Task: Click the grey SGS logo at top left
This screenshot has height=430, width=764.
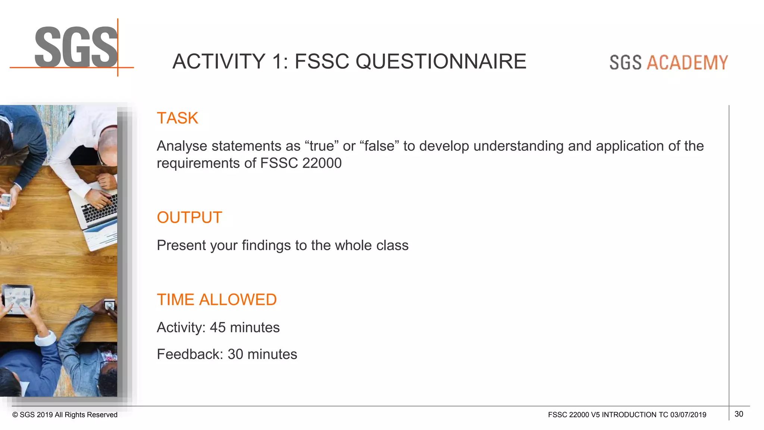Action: coord(76,47)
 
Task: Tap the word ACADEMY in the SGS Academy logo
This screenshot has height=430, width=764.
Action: coord(687,62)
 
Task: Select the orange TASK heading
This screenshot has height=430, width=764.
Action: coord(177,118)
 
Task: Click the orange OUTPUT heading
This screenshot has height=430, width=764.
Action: coord(189,217)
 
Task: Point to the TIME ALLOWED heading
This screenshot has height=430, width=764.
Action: coord(216,300)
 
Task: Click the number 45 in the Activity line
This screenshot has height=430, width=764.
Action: coord(217,327)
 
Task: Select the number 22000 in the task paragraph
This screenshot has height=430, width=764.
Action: coord(322,163)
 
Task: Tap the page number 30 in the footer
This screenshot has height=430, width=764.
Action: coord(739,414)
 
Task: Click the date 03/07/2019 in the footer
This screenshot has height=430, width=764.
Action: coord(688,415)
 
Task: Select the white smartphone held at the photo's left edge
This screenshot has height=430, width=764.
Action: coord(6,202)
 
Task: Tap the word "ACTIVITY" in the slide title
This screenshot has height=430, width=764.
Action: coord(219,62)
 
